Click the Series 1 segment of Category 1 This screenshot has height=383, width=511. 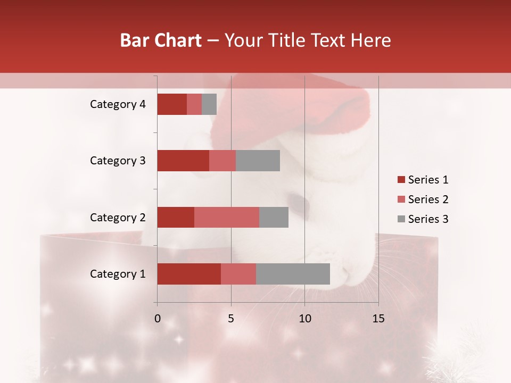pyautogui.click(x=189, y=274)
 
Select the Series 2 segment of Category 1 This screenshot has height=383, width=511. pyautogui.click(x=238, y=274)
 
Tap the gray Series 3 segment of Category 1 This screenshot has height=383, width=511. pyautogui.click(x=293, y=274)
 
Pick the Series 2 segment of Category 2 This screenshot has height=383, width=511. pyautogui.click(x=227, y=217)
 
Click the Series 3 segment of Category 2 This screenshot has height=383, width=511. pyautogui.click(x=274, y=217)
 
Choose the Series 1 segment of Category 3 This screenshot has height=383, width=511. pyautogui.click(x=183, y=161)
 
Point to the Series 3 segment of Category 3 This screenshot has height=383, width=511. pyautogui.click(x=258, y=161)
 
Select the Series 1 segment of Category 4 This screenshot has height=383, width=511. pyautogui.click(x=172, y=104)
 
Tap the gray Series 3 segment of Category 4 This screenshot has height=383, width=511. pyautogui.click(x=209, y=104)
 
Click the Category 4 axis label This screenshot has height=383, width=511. pyautogui.click(x=118, y=104)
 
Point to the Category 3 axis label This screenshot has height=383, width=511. pyautogui.click(x=118, y=161)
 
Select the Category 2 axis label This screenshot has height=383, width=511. pyautogui.click(x=118, y=218)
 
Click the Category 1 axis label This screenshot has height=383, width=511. pyautogui.click(x=118, y=274)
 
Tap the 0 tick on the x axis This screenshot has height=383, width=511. pyautogui.click(x=158, y=319)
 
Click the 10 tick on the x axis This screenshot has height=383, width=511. pyautogui.click(x=304, y=319)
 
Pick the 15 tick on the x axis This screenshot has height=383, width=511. pyautogui.click(x=378, y=319)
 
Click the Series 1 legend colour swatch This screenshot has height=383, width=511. pyautogui.click(x=401, y=180)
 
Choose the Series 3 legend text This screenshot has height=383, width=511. pyautogui.click(x=428, y=219)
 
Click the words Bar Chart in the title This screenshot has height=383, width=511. pyautogui.click(x=161, y=40)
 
